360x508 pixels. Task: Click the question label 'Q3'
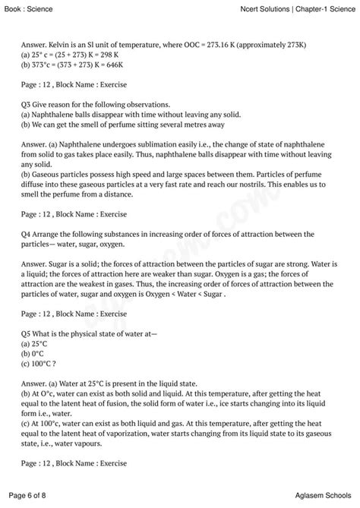28,105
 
